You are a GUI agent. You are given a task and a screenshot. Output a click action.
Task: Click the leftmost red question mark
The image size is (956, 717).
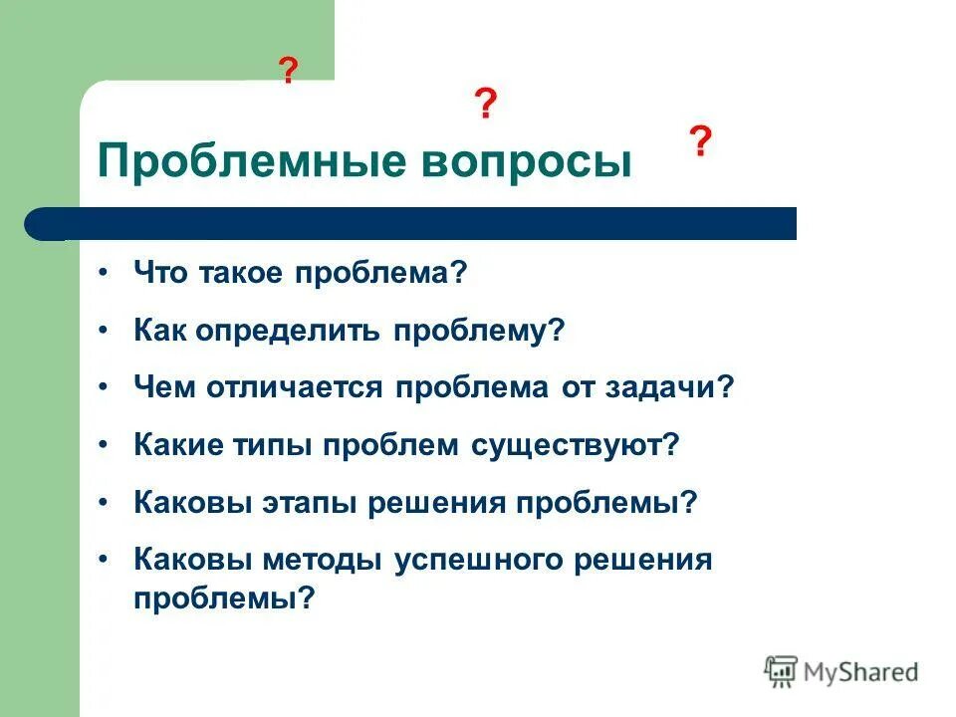tap(288, 71)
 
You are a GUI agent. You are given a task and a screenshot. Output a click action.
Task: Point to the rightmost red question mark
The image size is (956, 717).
tap(700, 142)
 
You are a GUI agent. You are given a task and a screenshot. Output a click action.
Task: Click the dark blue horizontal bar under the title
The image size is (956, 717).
tap(418, 224)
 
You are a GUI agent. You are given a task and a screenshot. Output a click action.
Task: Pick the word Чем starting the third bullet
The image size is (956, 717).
tap(164, 387)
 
